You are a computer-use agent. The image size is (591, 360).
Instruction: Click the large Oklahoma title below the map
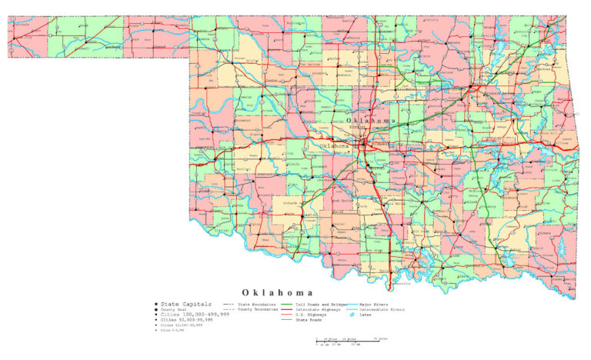tap(277, 293)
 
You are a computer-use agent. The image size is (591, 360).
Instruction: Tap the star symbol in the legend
tap(157, 305)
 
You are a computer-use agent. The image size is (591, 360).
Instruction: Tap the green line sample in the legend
tap(286, 305)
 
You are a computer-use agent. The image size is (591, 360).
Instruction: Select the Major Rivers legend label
tap(375, 305)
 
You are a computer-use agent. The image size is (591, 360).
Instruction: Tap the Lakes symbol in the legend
tap(352, 315)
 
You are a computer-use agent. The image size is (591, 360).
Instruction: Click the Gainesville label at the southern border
tap(402, 283)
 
